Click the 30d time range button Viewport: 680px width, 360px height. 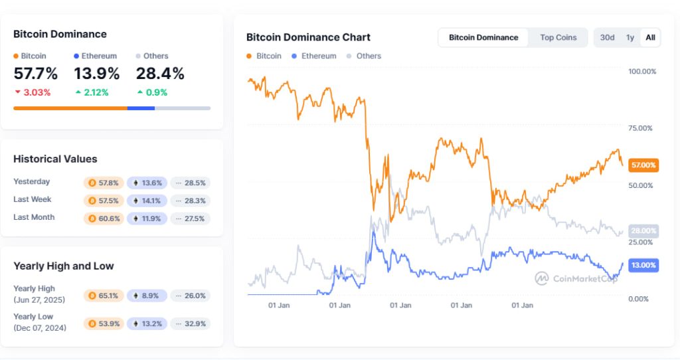pos(607,37)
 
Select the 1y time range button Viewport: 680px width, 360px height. pos(630,37)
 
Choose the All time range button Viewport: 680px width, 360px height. pos(650,37)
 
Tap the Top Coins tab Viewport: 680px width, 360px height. pos(558,37)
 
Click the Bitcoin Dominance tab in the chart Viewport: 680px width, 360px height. pos(483,37)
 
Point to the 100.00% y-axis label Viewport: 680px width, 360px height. pos(641,71)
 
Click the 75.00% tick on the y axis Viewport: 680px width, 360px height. pos(641,128)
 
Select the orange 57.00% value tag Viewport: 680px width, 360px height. pos(643,165)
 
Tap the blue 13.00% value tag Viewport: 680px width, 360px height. pos(643,265)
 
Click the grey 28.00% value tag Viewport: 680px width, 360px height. pos(643,230)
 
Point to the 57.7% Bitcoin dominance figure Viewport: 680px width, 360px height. pos(35,74)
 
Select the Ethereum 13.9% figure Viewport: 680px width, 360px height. pos(97,74)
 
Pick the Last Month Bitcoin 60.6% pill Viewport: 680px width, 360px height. pos(104,218)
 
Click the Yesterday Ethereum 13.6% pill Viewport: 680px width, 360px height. pos(147,182)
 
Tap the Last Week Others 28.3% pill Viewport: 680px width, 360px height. pos(191,200)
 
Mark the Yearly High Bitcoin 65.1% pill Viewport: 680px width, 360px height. pos(104,296)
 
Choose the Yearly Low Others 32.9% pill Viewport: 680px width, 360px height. pos(191,323)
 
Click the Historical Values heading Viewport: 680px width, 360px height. pos(55,159)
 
